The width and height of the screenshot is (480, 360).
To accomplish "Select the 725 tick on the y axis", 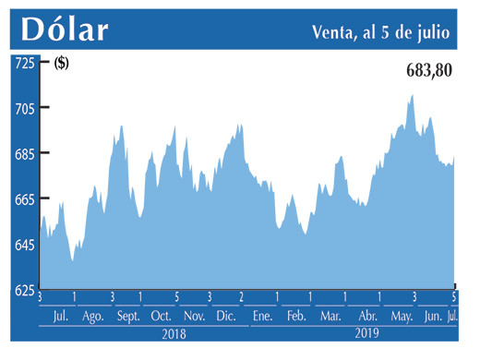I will click(x=23, y=63).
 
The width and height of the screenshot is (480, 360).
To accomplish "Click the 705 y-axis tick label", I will click(x=23, y=108).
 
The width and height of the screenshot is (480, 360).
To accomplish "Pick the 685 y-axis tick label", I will click(x=23, y=153).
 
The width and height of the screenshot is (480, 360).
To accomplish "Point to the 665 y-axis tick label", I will click(x=23, y=199).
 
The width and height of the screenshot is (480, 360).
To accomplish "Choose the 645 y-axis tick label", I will click(x=23, y=245).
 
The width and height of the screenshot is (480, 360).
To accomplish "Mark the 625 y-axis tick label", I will click(x=23, y=290).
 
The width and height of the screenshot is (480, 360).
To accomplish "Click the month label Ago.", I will click(x=93, y=316).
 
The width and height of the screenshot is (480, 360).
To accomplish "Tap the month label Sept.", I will click(x=128, y=316).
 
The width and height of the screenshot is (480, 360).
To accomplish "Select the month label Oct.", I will click(x=161, y=316).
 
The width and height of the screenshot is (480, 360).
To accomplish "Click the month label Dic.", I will click(x=225, y=316).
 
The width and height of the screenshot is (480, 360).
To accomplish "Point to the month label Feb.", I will click(x=295, y=316).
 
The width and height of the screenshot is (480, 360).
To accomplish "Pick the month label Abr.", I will click(x=366, y=316).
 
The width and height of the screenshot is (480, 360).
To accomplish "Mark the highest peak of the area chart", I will click(x=412, y=95).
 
